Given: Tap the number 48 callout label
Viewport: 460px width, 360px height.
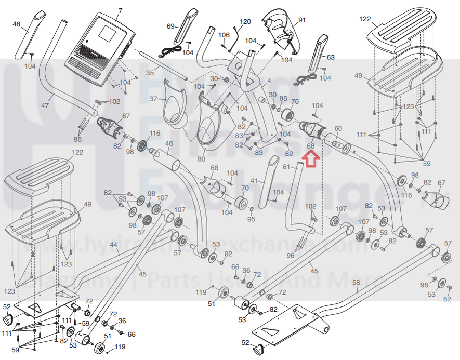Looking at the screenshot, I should coord(16,24).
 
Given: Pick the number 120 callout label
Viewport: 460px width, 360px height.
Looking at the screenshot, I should coord(245,21).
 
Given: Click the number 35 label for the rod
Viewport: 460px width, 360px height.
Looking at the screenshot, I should coord(150,73).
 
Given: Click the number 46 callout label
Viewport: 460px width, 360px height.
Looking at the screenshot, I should coord(169,143).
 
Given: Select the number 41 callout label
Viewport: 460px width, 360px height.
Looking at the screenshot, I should coord(254,180).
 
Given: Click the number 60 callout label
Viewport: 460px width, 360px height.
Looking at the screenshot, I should coord(338,128).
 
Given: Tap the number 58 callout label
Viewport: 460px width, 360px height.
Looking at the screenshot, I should coord(356,283).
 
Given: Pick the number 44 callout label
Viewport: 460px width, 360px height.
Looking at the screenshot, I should coord(113,244).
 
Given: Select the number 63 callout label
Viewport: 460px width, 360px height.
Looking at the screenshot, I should coord(331,57).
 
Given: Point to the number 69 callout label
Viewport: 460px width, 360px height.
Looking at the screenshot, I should coord(170,26).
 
